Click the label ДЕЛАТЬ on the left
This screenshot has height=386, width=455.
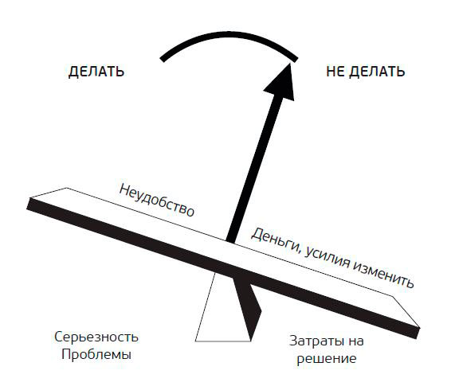pos(96,72)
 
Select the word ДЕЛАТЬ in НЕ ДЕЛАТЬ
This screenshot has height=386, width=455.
pos(377,72)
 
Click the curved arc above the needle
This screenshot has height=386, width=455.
pos(229,35)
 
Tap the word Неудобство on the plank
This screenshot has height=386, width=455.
pos(157,201)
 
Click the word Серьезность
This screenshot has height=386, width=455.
pos(96,337)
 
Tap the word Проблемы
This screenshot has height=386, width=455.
pos(96,354)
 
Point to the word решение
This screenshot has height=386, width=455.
pos(327,359)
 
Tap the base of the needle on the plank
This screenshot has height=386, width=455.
pos(230,240)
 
